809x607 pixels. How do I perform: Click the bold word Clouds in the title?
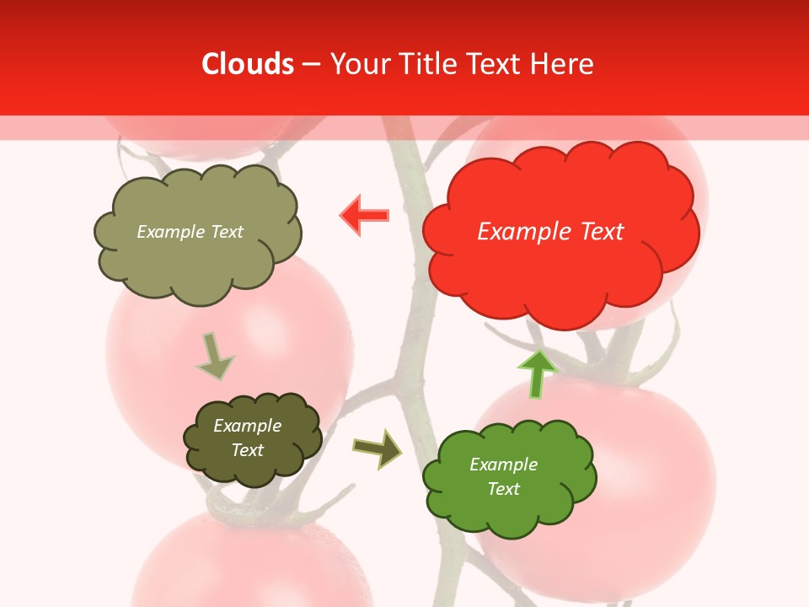coord(247,64)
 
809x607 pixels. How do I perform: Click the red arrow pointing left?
coord(364,216)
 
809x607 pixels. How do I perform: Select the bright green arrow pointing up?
coord(537,373)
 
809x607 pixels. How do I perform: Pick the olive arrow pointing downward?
coord(214,356)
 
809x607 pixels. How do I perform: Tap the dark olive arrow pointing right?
coord(378,449)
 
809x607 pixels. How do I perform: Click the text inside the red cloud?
coord(550,232)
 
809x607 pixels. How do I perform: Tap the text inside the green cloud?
coord(503,476)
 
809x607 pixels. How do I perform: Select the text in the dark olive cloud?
coord(247,438)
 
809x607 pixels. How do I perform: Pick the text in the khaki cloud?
coord(190,232)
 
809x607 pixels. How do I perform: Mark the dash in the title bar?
coord(311,64)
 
